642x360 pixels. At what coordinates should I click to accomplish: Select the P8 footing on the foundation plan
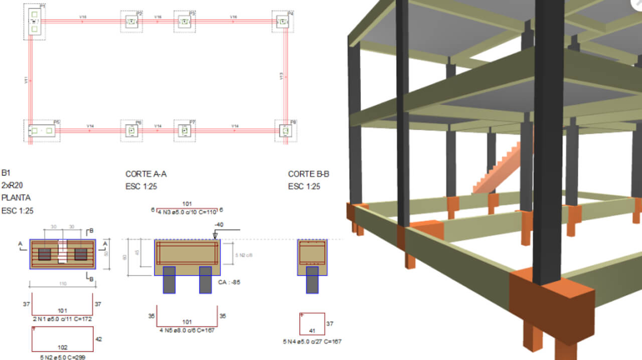point(285,131)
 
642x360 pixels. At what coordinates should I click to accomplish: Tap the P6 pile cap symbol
point(132,131)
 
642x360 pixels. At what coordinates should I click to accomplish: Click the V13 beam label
point(281,76)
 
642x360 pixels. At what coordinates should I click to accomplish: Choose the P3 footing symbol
point(185,22)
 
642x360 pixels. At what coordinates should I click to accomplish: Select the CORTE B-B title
point(308,174)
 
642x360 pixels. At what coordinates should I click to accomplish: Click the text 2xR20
point(13,186)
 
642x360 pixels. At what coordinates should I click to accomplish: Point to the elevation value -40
point(219,225)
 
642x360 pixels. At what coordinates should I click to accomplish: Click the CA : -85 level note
point(229,282)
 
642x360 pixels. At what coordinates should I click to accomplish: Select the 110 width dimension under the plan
point(63,284)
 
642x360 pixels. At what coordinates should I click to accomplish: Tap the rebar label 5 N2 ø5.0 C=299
point(62,358)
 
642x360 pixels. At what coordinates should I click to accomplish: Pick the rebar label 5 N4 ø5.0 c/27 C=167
point(312,341)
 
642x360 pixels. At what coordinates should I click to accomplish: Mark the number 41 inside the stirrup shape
point(312,331)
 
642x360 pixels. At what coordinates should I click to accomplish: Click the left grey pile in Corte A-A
point(169,280)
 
